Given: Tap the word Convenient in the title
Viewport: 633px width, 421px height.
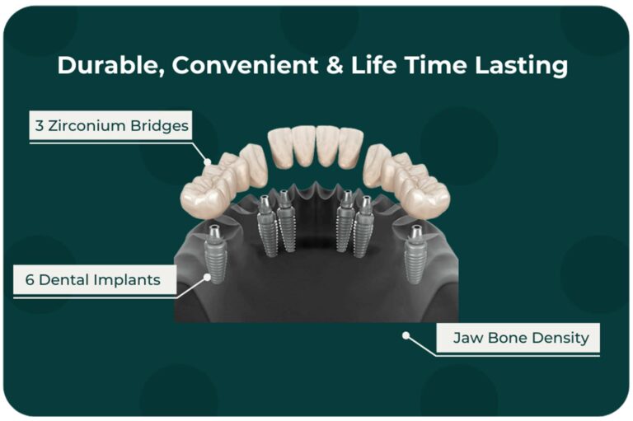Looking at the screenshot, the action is (x=245, y=65).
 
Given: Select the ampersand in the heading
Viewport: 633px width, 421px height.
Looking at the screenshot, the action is (x=335, y=65).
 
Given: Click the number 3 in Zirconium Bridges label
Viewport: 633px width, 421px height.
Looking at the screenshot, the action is (x=40, y=125).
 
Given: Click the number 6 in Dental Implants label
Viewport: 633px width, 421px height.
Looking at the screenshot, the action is (x=30, y=280).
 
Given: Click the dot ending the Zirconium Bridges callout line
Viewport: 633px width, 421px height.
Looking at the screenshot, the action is (x=208, y=161).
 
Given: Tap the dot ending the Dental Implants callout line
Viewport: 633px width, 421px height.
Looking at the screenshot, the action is (x=207, y=277).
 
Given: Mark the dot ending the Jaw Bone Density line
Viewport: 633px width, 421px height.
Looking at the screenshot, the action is (x=406, y=335).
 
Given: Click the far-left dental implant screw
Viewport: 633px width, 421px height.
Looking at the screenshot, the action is (x=216, y=254).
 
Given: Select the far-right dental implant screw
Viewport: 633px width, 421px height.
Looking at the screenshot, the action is (x=415, y=254).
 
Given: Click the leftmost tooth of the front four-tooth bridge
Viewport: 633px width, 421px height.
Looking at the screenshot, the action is (x=279, y=147).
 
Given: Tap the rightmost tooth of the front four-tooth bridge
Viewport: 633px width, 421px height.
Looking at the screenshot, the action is (x=351, y=147).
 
